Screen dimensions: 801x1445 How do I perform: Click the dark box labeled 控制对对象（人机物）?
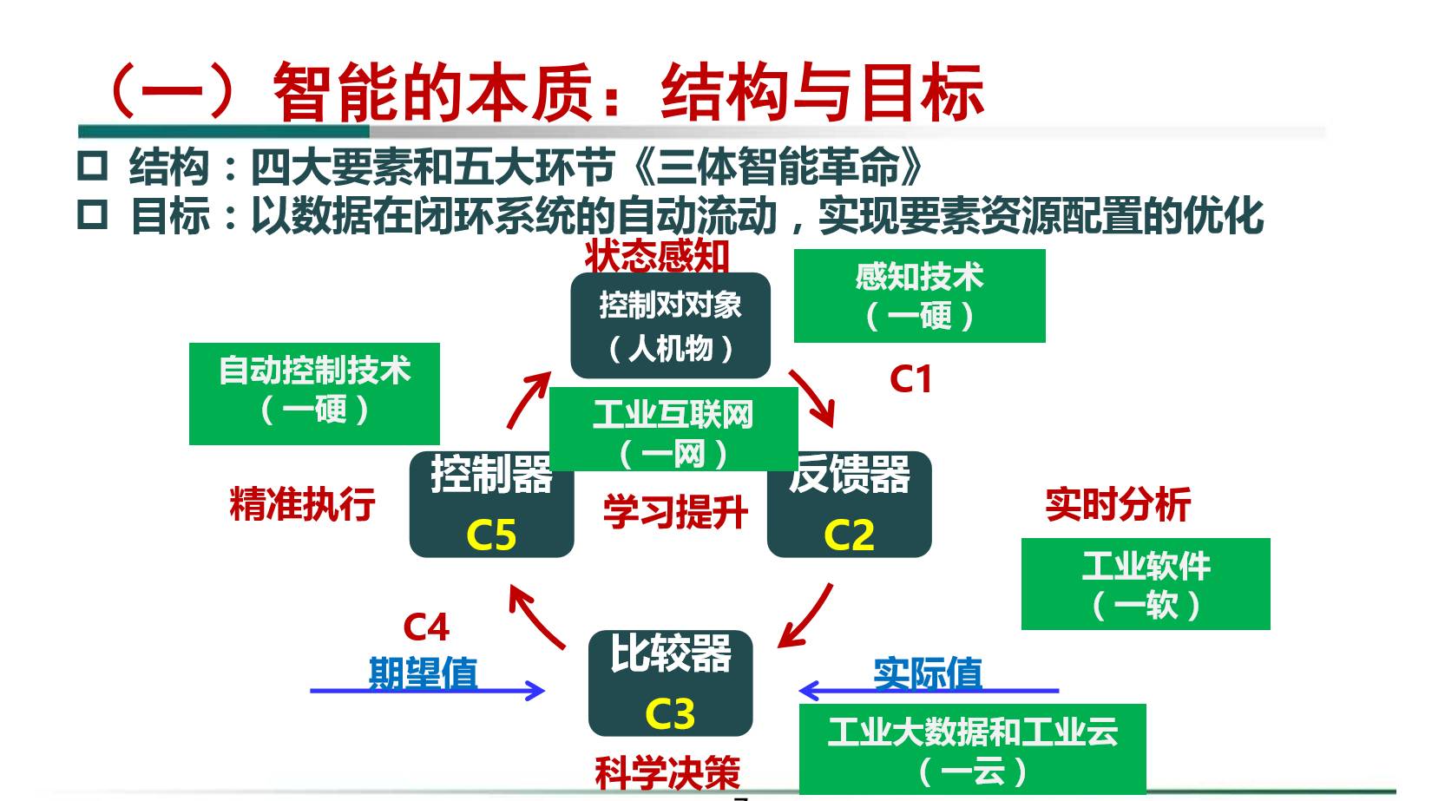(x=670, y=326)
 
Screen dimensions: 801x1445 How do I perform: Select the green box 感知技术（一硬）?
(x=919, y=296)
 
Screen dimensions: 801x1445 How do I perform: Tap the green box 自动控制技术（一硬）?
(x=314, y=393)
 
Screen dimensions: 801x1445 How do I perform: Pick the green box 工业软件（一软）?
(x=1146, y=584)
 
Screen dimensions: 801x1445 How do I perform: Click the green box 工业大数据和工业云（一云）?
(x=972, y=749)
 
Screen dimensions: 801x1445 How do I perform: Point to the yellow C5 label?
(x=491, y=535)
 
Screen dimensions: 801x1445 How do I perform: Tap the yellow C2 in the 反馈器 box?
(x=849, y=535)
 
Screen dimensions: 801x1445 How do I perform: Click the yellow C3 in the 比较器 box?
(x=670, y=714)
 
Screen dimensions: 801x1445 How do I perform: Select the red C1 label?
(x=910, y=379)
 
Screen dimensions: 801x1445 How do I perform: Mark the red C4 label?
(x=426, y=627)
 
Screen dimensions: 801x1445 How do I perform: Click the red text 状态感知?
(x=657, y=257)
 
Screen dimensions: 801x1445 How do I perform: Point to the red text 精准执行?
(x=302, y=504)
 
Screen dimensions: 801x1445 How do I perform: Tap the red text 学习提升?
(x=675, y=512)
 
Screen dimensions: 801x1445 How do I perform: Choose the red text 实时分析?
(x=1118, y=504)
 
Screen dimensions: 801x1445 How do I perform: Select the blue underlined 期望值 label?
(x=424, y=673)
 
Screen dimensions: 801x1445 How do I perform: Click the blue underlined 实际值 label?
(x=928, y=673)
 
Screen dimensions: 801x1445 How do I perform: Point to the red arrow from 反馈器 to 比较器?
(x=806, y=615)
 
